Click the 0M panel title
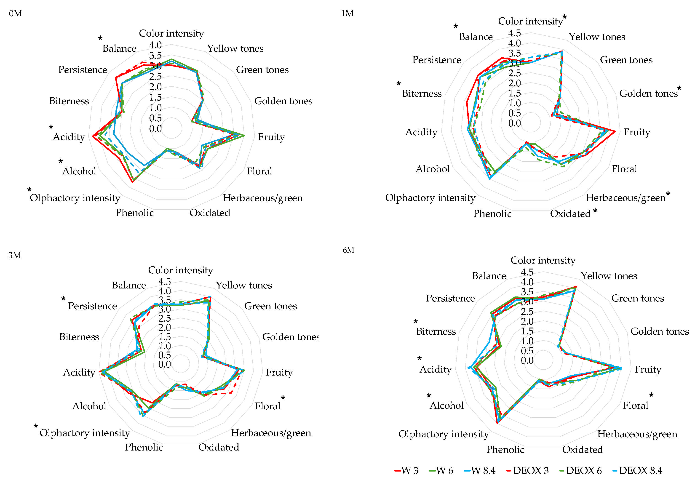pyautogui.click(x=15, y=13)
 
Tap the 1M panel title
pyautogui.click(x=347, y=13)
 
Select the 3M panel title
pyautogui.click(x=15, y=255)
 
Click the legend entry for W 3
pyautogui.click(x=406, y=470)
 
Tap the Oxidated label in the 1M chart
pyautogui.click(x=570, y=214)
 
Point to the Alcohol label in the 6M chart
pyautogui.click(x=446, y=406)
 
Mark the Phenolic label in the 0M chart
pyautogui.click(x=134, y=213)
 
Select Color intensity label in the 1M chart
pyautogui.click(x=530, y=21)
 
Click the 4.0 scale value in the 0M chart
pyautogui.click(x=155, y=45)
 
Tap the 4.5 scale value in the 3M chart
pyautogui.click(x=165, y=282)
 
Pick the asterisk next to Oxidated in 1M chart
pyautogui.click(x=595, y=211)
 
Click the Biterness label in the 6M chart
pyautogui.click(x=436, y=331)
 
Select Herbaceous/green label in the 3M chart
pyautogui.click(x=271, y=433)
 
